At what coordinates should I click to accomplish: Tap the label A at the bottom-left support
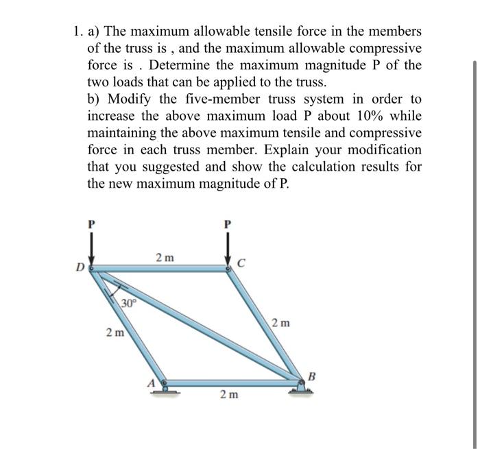tap(154, 382)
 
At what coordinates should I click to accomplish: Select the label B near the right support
tap(313, 375)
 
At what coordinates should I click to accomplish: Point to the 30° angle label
tap(129, 302)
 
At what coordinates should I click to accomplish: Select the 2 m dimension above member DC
tap(165, 258)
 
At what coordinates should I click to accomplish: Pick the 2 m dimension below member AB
tap(229, 395)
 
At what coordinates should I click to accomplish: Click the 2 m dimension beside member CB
tap(280, 322)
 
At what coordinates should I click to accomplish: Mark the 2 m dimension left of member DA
tap(115, 333)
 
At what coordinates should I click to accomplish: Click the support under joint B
tap(302, 388)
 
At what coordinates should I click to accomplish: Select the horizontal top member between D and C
tap(161, 269)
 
